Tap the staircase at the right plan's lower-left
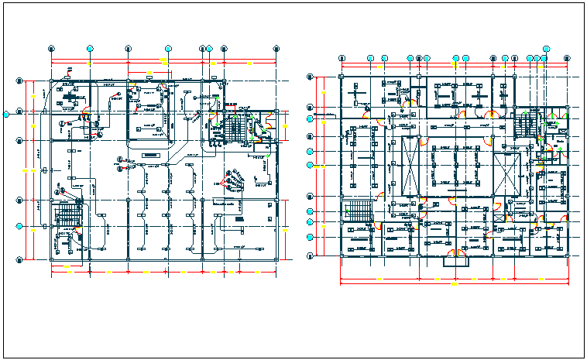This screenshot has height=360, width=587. [x=359, y=210]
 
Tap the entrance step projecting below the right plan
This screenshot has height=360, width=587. [x=455, y=262]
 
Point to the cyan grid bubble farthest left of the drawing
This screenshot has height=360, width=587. [x=7, y=114]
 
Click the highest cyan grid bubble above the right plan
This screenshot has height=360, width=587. [x=545, y=47]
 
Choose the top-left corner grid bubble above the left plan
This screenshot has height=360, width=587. [x=51, y=48]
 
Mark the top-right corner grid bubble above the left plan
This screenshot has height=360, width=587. [x=276, y=48]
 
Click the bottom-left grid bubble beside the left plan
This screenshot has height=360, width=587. [x=19, y=259]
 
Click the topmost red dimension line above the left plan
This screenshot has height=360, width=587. [x=163, y=60]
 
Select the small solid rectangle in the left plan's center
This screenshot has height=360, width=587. [x=150, y=155]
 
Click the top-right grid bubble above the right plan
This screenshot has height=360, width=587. [x=547, y=58]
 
